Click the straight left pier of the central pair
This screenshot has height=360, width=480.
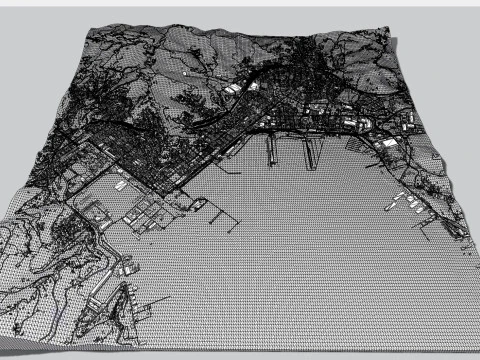(x=270, y=150)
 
